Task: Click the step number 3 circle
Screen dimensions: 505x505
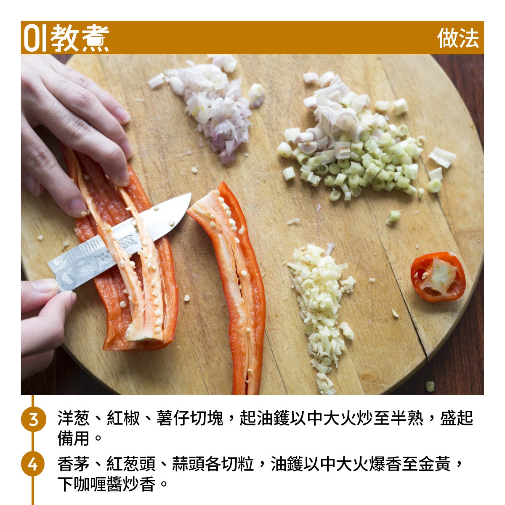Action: tap(33, 419)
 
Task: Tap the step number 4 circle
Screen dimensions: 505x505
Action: tap(33, 464)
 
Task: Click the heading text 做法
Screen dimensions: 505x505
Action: tap(458, 38)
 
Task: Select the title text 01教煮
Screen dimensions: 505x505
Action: tap(66, 38)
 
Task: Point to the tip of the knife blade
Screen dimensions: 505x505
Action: tap(191, 194)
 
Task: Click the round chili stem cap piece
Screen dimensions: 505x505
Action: tap(438, 277)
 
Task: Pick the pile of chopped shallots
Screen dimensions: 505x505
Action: tap(207, 105)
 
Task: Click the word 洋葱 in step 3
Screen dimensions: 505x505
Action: tap(74, 418)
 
